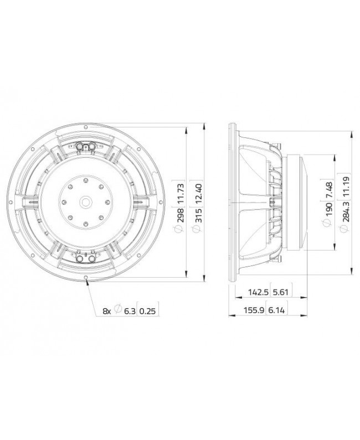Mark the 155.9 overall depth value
point(253,312)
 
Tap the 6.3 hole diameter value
point(128,311)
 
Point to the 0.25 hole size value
point(148,311)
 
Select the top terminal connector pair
point(88,146)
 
